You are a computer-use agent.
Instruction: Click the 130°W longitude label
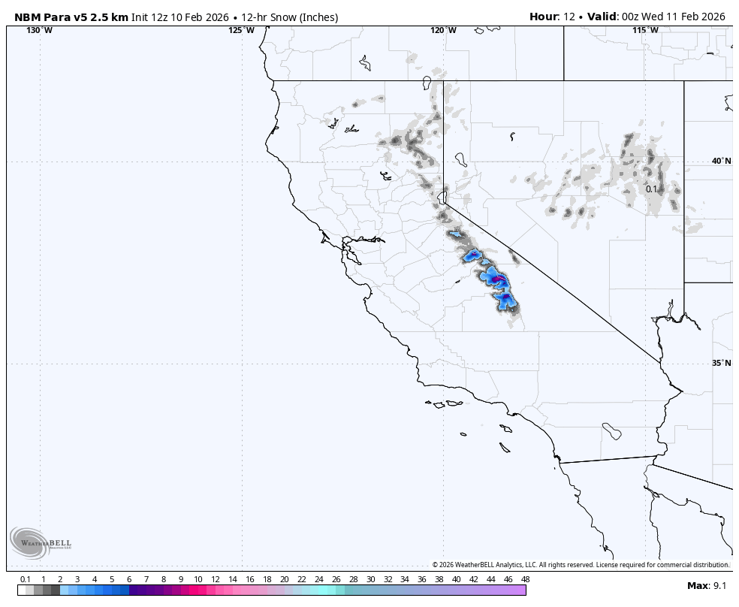[x=39, y=31]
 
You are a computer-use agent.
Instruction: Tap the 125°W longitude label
[x=241, y=31]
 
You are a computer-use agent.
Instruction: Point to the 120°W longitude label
[x=443, y=31]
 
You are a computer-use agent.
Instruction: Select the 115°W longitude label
[x=645, y=31]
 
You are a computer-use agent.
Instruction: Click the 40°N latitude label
[x=721, y=161]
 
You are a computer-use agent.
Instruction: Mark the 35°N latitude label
[x=721, y=363]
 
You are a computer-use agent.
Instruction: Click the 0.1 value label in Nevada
[x=651, y=189]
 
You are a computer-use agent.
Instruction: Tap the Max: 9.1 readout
[x=707, y=585]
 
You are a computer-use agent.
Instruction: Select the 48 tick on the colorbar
[x=525, y=579]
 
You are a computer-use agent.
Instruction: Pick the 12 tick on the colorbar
[x=216, y=579]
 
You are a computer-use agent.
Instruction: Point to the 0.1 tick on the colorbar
[x=26, y=579]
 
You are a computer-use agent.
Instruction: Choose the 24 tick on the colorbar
[x=318, y=579]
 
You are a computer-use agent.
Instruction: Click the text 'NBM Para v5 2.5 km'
[x=71, y=17]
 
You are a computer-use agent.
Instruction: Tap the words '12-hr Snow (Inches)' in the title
[x=290, y=17]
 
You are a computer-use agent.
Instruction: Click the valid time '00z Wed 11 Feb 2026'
[x=672, y=17]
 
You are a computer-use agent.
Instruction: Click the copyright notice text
[x=581, y=565]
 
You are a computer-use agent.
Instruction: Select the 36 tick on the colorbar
[x=422, y=579]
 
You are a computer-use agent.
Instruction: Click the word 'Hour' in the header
[x=544, y=17]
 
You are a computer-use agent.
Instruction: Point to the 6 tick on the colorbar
[x=129, y=579]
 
